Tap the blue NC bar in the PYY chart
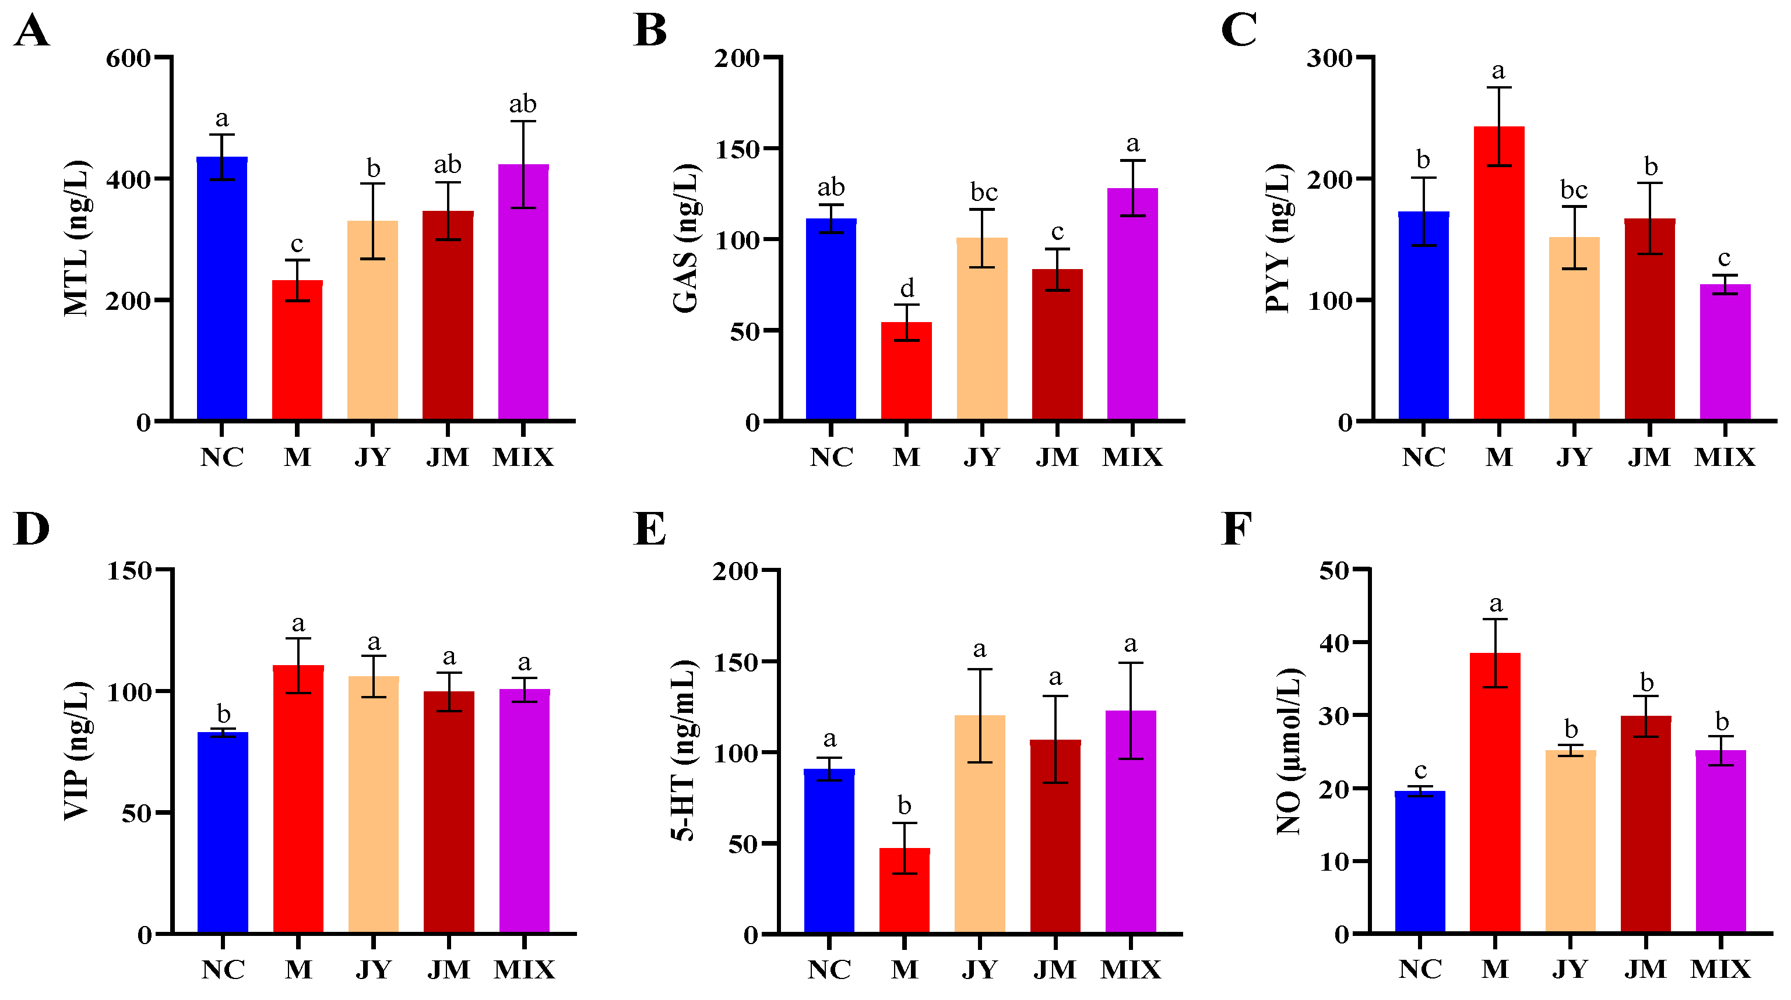point(1423,316)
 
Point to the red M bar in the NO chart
point(1495,792)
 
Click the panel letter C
point(1238,31)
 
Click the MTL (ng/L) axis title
point(76,238)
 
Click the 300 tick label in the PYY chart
point(1329,58)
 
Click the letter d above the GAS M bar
point(907,288)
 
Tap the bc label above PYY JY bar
point(1574,189)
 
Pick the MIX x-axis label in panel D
point(524,969)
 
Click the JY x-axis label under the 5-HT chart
point(980,969)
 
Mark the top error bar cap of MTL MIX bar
point(523,122)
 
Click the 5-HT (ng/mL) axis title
point(684,751)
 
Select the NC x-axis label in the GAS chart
point(831,457)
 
